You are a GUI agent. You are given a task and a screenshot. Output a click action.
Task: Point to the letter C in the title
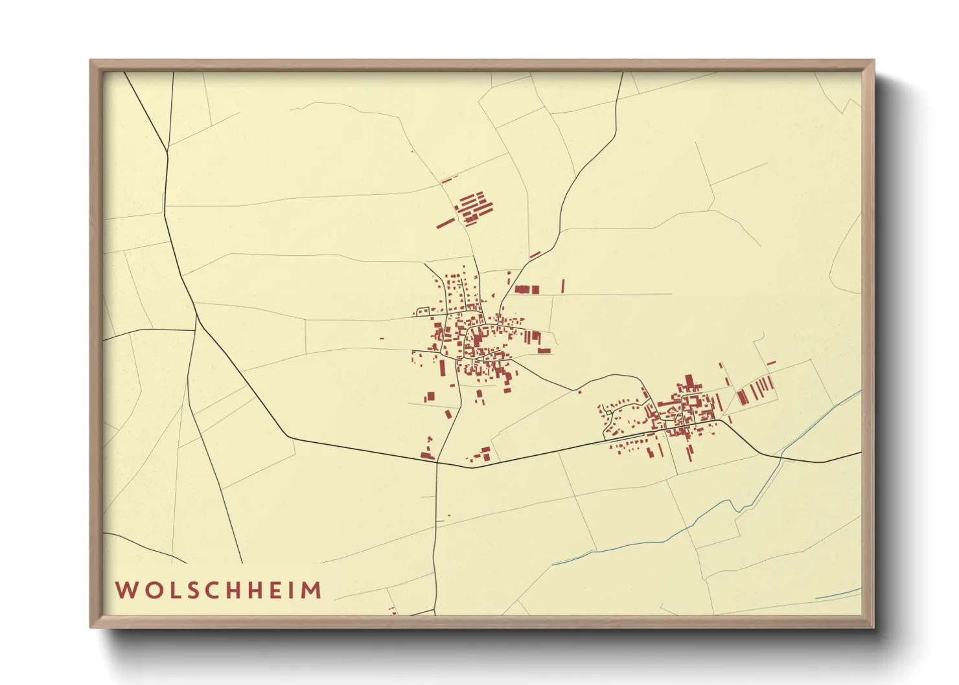coord(213,590)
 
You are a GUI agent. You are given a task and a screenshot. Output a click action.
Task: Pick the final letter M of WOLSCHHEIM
coord(312,590)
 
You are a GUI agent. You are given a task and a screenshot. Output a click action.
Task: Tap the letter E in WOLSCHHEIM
coord(275,590)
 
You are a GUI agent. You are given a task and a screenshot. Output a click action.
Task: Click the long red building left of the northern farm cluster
coord(445,223)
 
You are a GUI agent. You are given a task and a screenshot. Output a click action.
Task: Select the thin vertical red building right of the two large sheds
coord(562,286)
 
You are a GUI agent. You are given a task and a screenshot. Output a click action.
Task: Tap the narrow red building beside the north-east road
coord(535,255)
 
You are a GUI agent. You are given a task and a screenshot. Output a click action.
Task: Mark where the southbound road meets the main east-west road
coord(437,462)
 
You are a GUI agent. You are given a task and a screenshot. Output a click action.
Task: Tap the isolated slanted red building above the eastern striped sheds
coord(771,363)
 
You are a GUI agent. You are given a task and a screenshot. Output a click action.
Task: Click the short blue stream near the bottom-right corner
coord(838,593)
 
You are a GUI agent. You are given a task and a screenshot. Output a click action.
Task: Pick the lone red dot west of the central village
coord(382,338)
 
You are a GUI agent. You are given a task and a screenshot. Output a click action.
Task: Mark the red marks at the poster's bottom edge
coord(392,610)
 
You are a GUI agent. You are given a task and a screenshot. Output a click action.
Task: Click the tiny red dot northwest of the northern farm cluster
coord(412,152)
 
